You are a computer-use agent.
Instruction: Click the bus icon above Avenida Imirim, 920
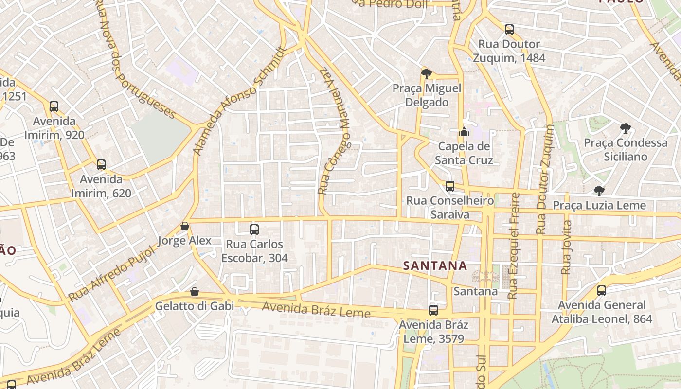(54, 106)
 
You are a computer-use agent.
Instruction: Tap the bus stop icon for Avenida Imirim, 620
(101, 164)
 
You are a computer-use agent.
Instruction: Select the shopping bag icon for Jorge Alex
(185, 226)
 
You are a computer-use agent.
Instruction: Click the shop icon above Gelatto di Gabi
(195, 292)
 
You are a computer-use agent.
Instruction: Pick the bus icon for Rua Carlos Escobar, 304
(254, 229)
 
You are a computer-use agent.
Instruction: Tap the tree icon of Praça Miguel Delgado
(427, 74)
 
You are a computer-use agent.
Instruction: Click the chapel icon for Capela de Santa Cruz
(464, 131)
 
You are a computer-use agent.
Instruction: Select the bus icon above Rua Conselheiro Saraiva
(450, 186)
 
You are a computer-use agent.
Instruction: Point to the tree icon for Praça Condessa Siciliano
(626, 128)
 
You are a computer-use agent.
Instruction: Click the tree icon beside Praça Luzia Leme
(599, 191)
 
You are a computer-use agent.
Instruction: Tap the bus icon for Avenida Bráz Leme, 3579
(433, 310)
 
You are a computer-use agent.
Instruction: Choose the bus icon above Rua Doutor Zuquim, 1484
(509, 29)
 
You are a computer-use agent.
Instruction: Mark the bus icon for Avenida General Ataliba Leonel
(602, 291)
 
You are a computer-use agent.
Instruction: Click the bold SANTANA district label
(435, 265)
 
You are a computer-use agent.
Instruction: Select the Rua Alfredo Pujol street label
(111, 273)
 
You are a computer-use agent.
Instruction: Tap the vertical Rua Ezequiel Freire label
(513, 246)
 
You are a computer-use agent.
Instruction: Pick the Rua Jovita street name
(566, 248)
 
